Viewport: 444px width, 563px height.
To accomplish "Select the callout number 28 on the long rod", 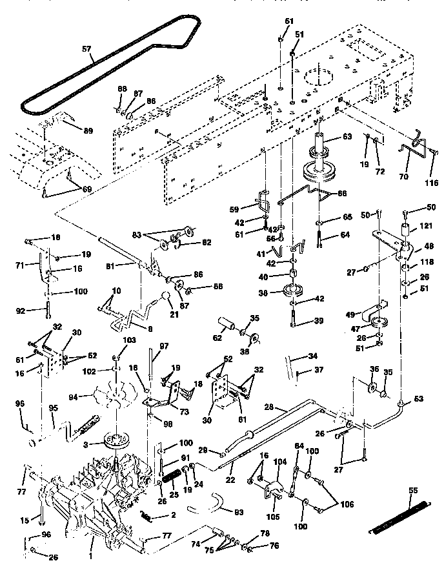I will pos(270,407).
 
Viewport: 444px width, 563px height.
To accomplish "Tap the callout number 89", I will pos(88,130).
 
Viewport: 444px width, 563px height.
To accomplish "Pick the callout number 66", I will pos(343,192).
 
